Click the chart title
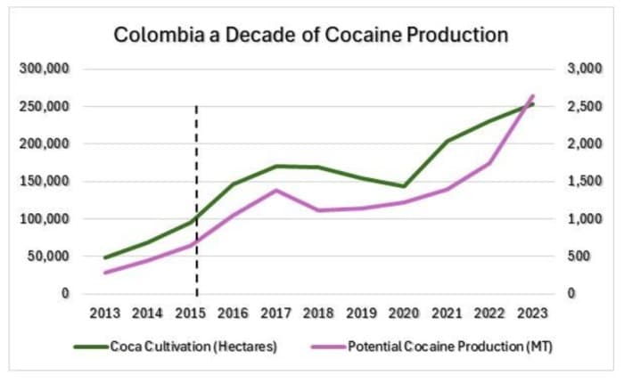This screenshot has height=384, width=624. point(311,36)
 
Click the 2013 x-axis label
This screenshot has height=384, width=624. point(105,315)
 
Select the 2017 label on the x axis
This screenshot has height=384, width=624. point(276,315)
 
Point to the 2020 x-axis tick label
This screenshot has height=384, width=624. point(404,315)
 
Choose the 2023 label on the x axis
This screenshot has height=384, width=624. point(532,315)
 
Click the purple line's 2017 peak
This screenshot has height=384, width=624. point(276,190)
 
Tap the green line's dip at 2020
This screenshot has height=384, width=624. point(404,186)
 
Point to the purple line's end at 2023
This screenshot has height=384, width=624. point(532,95)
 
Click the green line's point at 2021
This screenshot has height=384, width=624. point(447,141)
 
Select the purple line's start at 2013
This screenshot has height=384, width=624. point(105,273)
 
